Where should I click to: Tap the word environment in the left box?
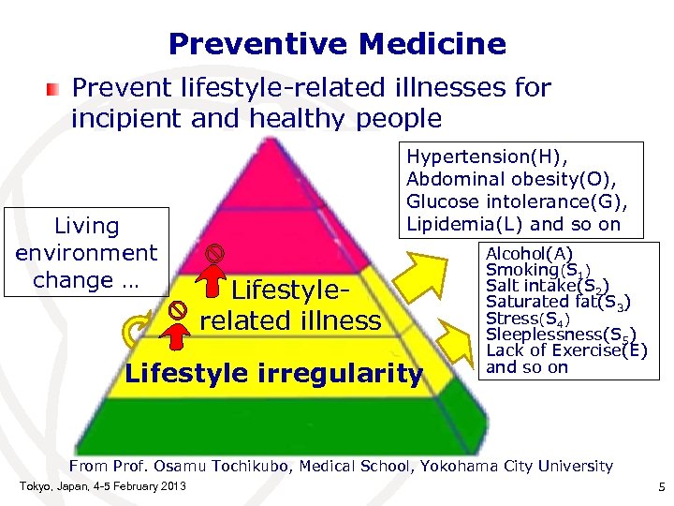86,253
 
